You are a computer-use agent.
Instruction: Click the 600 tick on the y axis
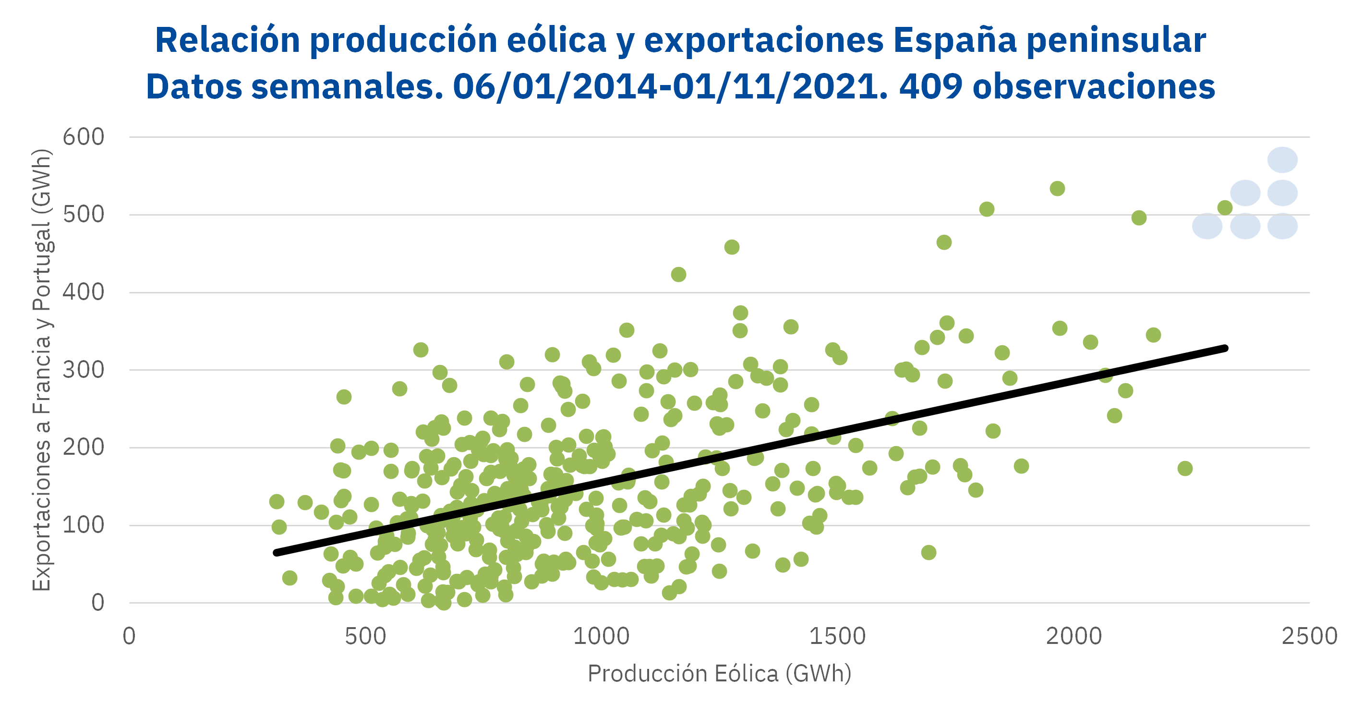pos(84,137)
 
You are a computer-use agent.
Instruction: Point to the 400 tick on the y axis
pos(84,292)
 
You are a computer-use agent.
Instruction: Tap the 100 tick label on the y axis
pos(84,525)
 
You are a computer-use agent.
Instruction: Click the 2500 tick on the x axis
pos(1310,636)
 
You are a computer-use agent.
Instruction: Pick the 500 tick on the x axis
pos(365,636)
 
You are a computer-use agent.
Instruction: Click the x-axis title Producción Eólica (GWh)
pos(720,674)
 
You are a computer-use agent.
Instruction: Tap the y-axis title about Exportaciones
pos(42,370)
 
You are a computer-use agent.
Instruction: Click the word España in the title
pos(954,40)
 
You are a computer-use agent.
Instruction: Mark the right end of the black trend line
pos(1225,348)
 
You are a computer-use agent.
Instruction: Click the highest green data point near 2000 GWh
pos(1057,188)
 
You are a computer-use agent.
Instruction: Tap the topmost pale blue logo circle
pos(1283,160)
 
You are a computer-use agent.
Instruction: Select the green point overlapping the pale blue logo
pos(1225,208)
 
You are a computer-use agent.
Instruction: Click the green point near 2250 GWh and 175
pos(1185,469)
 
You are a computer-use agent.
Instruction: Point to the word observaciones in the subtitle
pos(1094,86)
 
